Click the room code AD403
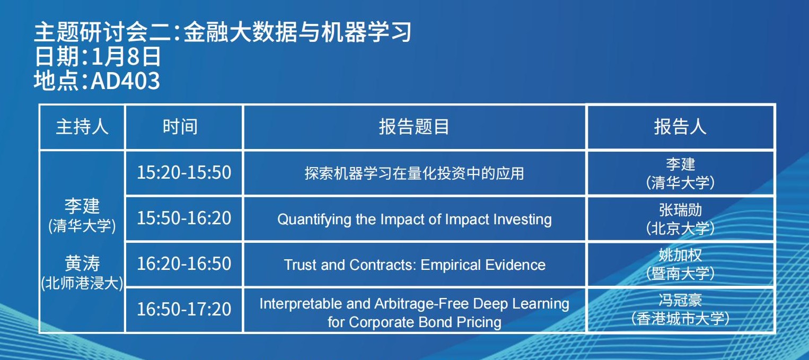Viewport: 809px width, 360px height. click(x=125, y=81)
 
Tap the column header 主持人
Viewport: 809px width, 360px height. click(x=82, y=127)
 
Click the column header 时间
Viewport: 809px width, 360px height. click(x=180, y=127)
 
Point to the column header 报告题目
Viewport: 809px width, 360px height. click(x=414, y=127)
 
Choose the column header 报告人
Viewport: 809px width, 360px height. click(x=680, y=127)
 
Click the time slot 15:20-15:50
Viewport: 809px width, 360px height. click(x=184, y=173)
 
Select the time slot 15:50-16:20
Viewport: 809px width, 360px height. click(x=184, y=218)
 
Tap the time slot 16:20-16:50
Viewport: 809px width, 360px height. click(x=184, y=264)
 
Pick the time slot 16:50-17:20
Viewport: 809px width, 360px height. click(x=184, y=310)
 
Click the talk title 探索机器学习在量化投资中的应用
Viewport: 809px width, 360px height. click(x=414, y=173)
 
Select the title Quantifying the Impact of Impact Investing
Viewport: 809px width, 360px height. click(x=414, y=219)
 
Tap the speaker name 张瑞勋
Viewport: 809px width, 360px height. click(x=680, y=210)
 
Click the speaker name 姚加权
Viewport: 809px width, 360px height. click(x=680, y=255)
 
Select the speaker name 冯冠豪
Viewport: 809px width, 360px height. click(x=680, y=300)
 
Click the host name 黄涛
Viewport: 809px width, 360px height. click(x=82, y=263)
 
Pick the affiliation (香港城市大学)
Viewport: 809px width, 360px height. click(x=680, y=319)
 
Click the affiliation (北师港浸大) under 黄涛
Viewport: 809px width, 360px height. click(x=82, y=283)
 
